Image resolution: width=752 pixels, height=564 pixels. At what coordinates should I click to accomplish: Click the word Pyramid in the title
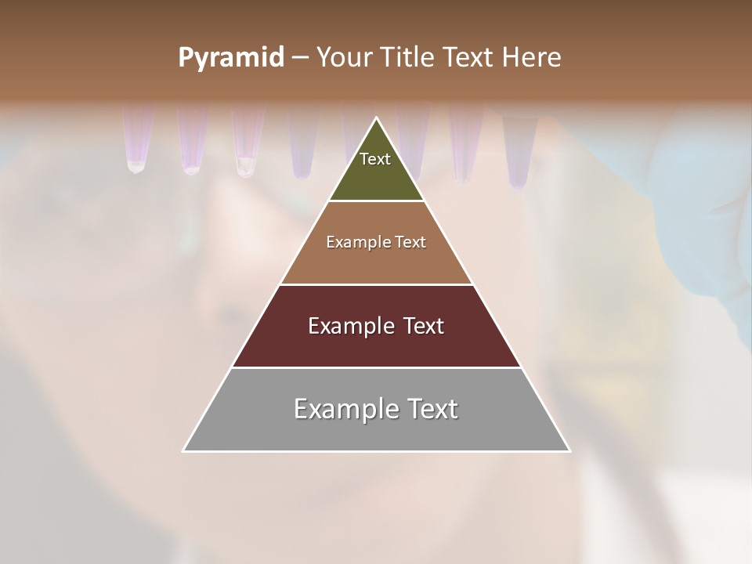click(x=230, y=58)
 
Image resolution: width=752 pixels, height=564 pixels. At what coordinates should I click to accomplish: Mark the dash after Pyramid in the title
click(x=300, y=58)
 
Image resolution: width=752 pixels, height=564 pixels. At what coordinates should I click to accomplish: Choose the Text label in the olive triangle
click(x=375, y=159)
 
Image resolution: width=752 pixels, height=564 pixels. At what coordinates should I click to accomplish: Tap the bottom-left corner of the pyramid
click(x=184, y=450)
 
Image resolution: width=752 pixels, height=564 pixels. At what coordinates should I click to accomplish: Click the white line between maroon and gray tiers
click(x=376, y=367)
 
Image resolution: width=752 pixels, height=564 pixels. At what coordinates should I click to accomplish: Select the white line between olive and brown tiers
click(x=377, y=201)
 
